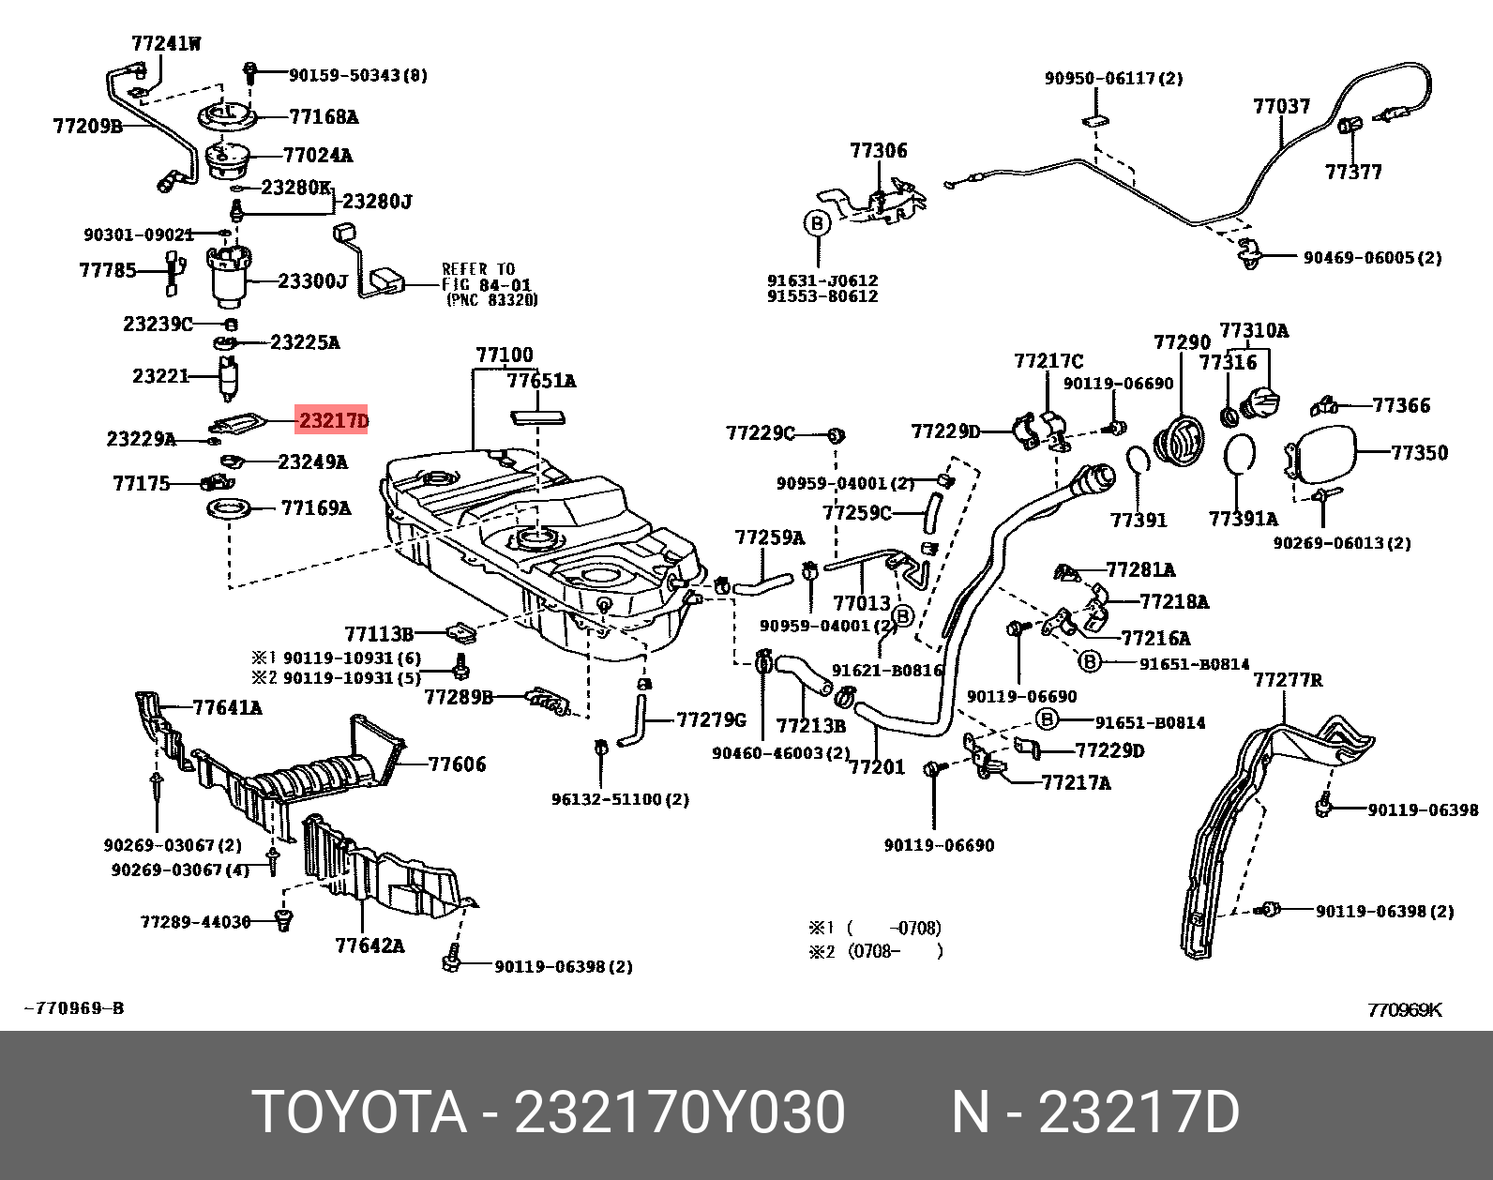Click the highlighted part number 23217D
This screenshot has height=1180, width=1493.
[x=333, y=420]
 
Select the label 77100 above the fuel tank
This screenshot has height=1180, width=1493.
[x=504, y=356]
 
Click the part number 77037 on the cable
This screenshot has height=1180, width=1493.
[x=1281, y=106]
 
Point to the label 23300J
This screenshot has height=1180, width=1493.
[x=312, y=281]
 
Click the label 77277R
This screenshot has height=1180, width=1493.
[x=1288, y=679]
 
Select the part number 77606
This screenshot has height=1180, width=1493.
[x=457, y=764]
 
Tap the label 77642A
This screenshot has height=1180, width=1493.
[x=369, y=946]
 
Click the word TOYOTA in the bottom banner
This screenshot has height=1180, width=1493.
[x=359, y=1113]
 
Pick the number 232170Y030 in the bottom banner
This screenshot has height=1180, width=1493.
[x=679, y=1113]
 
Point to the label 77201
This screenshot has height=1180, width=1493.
[x=877, y=767]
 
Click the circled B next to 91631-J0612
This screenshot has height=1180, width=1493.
[x=817, y=223]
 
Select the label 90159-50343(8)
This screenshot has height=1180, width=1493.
[x=357, y=75]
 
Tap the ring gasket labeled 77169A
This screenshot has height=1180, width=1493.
[x=230, y=509]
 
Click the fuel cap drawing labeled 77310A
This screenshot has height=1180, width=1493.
[x=1259, y=403]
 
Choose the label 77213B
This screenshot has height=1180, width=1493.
[x=811, y=726]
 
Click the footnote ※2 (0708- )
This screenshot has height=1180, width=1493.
[x=876, y=951]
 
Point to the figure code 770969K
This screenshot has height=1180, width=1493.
[x=1404, y=1009]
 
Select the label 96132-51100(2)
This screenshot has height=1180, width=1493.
[x=620, y=799]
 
